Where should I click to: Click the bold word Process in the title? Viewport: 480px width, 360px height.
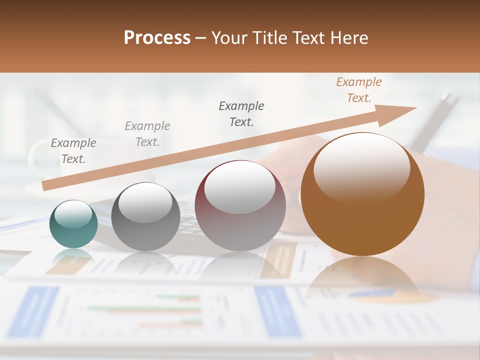click(157, 37)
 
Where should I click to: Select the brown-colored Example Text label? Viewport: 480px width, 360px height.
click(358, 90)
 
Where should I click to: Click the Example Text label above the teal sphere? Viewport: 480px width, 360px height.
click(73, 151)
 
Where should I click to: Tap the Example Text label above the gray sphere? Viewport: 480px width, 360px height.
click(147, 134)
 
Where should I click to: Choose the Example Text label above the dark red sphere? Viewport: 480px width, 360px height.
click(241, 114)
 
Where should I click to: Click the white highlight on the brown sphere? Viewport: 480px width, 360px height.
click(361, 167)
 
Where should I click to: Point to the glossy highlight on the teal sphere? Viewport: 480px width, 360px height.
click(73, 214)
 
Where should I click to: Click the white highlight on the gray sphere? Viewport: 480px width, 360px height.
click(145, 202)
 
